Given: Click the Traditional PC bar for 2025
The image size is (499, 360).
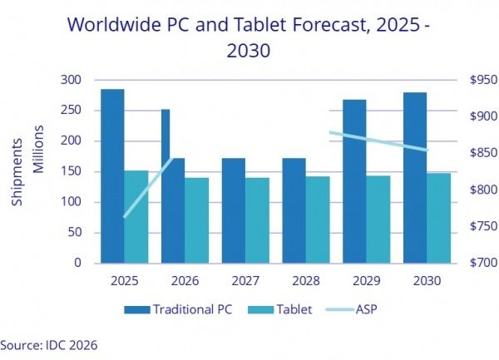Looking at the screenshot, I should tap(112, 175).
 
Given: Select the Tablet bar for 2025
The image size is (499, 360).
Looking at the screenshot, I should tap(136, 216).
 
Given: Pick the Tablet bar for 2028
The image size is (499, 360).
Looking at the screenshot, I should tap(318, 219).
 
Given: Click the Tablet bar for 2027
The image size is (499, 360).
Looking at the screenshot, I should tap(257, 220).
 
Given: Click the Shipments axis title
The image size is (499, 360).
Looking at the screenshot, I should tap(18, 171).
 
